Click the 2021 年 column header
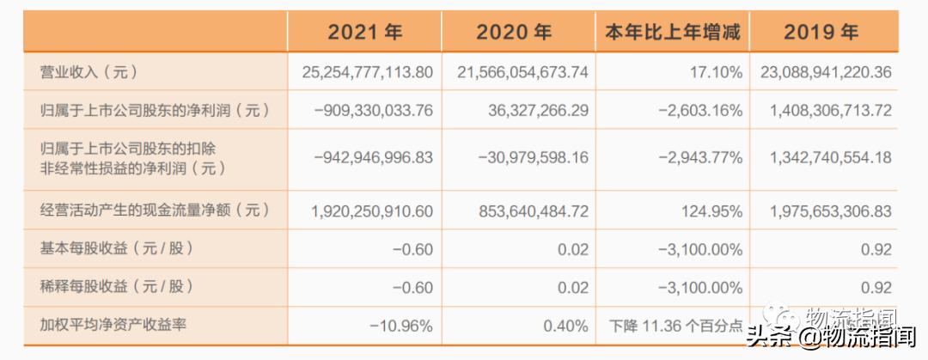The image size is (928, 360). (x=364, y=33)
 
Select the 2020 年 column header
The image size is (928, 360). (x=514, y=33)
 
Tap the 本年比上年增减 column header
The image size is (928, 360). (x=673, y=33)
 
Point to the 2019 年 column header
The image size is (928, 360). (x=821, y=33)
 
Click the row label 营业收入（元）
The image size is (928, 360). (x=89, y=72)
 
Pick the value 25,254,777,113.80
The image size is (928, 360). (x=367, y=72)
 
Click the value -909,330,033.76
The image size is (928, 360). (x=374, y=111)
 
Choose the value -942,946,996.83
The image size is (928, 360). (x=374, y=158)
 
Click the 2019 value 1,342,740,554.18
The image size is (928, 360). (x=826, y=158)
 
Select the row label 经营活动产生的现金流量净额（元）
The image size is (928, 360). (x=155, y=210)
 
